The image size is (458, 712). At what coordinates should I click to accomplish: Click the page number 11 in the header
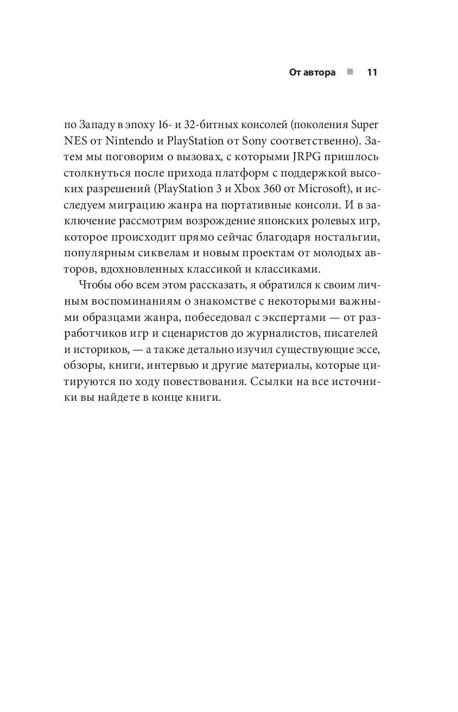pos(372,72)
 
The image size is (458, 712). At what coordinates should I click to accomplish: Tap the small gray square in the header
pos(351,72)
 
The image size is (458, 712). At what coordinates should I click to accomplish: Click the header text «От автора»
pos(312,72)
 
